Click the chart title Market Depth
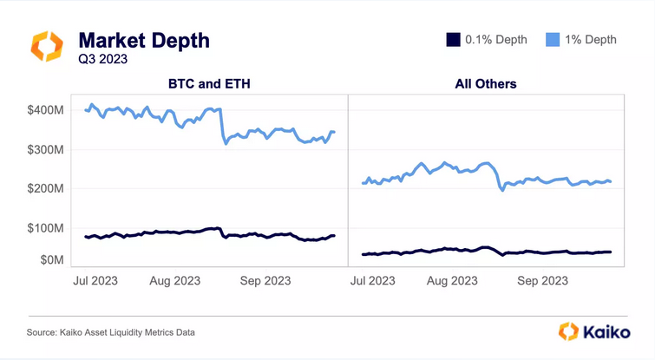pos(143,40)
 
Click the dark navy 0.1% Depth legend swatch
pos(451,40)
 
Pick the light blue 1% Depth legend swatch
pos(552,40)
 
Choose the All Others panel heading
pos(486,84)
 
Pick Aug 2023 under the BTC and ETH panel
pos(174,280)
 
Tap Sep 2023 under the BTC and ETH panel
pos(265,280)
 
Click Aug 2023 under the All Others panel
pos(452,280)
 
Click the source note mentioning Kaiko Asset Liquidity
pos(110,332)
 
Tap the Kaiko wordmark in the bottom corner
pos(598,331)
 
